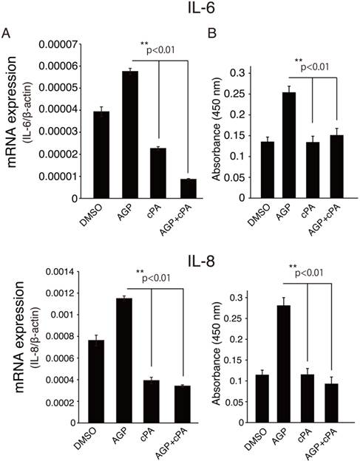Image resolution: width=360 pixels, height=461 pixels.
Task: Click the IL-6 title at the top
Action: [179, 11]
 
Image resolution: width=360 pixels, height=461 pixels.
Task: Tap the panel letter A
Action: [7, 33]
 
